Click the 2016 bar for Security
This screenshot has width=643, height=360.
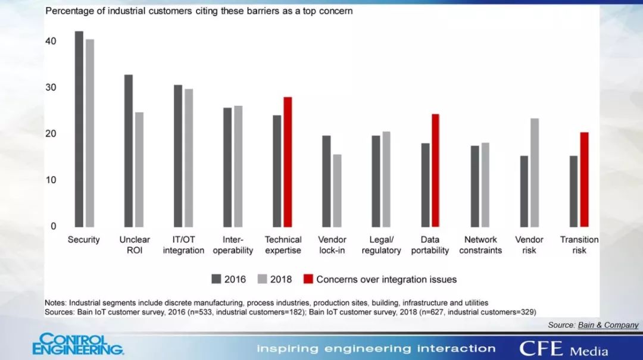pyautogui.click(x=79, y=129)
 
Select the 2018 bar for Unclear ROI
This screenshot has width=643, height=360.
pyautogui.click(x=139, y=169)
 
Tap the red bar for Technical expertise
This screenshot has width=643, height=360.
pyautogui.click(x=288, y=161)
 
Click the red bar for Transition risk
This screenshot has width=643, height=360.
pyautogui.click(x=584, y=179)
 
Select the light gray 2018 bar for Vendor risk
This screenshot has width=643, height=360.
pyautogui.click(x=535, y=173)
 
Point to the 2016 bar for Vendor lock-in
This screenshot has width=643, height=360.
pyautogui.click(x=326, y=181)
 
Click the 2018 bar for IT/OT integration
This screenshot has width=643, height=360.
pyautogui.click(x=189, y=158)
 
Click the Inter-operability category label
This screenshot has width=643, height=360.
pyautogui.click(x=233, y=245)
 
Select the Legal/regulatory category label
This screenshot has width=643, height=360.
pyautogui.click(x=381, y=245)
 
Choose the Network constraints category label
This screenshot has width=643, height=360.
pyautogui.click(x=480, y=245)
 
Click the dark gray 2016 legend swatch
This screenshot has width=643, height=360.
pyautogui.click(x=216, y=279)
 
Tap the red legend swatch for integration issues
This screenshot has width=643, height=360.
pyautogui.click(x=308, y=279)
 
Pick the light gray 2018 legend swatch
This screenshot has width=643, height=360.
pyautogui.click(x=263, y=279)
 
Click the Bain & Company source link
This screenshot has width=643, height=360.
pyautogui.click(x=608, y=325)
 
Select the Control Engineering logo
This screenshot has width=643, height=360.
pyautogui.click(x=77, y=345)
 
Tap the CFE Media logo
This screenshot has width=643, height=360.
pyautogui.click(x=563, y=348)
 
